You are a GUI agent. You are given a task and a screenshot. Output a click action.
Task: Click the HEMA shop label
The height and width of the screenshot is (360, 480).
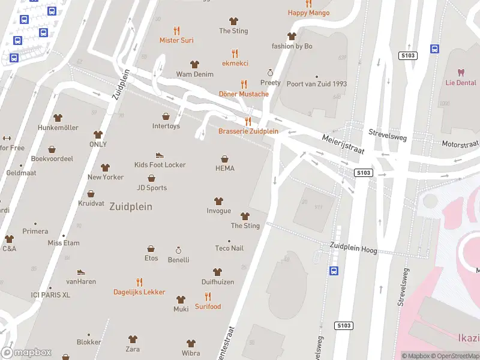224,169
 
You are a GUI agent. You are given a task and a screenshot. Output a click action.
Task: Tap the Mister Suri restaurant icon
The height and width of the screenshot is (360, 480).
176,30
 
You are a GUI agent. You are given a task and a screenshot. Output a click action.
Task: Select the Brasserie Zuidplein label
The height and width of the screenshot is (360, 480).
248,131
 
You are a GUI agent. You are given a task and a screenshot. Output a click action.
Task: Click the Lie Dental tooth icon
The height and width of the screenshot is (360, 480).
461,73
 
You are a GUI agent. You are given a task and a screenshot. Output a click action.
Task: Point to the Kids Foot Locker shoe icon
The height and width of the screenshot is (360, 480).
160,155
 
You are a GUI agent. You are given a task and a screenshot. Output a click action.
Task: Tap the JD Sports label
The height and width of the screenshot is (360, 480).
152,188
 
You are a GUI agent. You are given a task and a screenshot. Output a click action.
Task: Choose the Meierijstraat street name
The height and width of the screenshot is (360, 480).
342,144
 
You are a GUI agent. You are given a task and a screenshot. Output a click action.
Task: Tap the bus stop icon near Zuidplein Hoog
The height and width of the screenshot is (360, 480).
334,271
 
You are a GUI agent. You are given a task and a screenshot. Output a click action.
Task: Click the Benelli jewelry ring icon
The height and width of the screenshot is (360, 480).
178,250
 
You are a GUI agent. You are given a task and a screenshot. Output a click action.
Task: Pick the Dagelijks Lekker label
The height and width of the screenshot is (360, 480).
139,292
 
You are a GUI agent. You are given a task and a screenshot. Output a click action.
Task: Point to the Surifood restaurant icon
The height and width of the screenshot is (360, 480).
208,296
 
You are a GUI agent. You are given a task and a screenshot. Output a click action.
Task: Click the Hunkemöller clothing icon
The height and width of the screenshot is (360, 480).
58,118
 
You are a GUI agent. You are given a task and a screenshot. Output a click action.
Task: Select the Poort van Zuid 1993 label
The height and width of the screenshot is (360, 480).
317,84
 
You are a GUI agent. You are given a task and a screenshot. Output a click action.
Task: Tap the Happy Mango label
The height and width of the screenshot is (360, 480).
308,13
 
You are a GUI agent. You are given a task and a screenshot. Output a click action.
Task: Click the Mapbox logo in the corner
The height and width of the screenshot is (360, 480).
26,353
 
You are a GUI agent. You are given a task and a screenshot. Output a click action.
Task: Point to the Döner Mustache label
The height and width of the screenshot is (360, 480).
244,94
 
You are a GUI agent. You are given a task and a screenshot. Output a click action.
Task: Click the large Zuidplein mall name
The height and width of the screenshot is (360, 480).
131,206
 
